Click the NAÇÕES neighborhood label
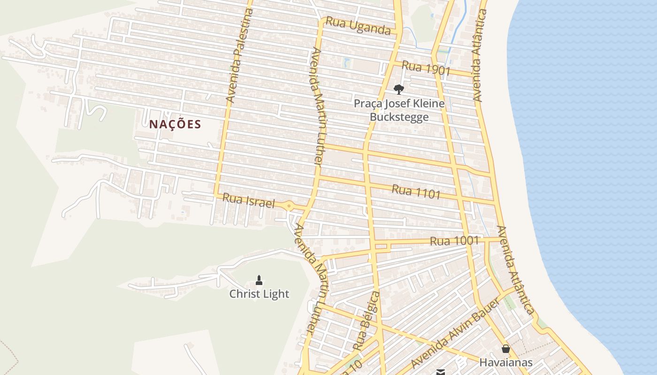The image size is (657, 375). pyautogui.click(x=175, y=124)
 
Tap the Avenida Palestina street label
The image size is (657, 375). pyautogui.click(x=240, y=55)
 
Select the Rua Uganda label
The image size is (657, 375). pyautogui.click(x=358, y=26)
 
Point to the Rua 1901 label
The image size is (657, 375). pyautogui.click(x=426, y=68)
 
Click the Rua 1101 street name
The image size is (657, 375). pyautogui.click(x=416, y=191)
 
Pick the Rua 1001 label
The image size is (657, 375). pyautogui.click(x=454, y=241)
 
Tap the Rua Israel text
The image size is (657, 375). pyautogui.click(x=248, y=200)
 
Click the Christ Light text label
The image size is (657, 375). pyautogui.click(x=259, y=294)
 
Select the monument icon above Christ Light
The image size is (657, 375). pyautogui.click(x=259, y=280)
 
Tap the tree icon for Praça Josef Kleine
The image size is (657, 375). pyautogui.click(x=398, y=89)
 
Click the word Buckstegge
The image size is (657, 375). pyautogui.click(x=399, y=117)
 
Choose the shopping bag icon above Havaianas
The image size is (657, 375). pyautogui.click(x=505, y=349)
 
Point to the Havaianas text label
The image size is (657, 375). pyautogui.click(x=505, y=362)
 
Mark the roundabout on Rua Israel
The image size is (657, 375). pyautogui.click(x=289, y=206)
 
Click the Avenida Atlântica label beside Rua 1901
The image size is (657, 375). pyautogui.click(x=479, y=55)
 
